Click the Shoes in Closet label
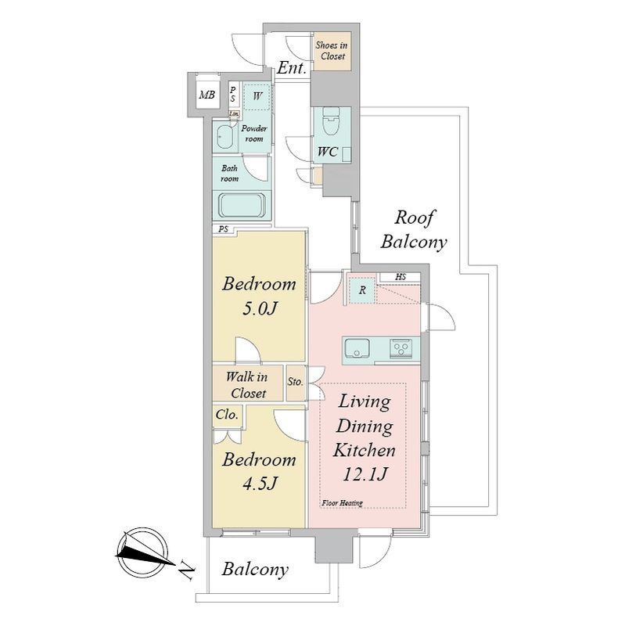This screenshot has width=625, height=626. pos(331,51)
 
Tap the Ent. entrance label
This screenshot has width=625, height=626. pos(292,68)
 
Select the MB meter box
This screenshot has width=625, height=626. pos(207,95)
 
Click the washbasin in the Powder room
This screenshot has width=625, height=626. pos(225,137)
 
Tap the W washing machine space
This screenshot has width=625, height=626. pos(257,96)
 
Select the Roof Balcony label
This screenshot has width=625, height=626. pos(414,230)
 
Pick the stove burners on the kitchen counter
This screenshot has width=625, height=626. pos(401,347)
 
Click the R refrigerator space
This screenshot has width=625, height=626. pos(362,290)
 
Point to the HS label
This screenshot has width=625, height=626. pos(401,277)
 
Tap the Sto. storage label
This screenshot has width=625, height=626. pos(296,382)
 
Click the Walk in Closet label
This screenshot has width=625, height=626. pos(247,385)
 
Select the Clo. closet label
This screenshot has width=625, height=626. pos(227,415)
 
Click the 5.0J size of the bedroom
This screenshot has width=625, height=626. pos(260,308)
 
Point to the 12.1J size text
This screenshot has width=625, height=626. pos(365,474)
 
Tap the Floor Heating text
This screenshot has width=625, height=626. pos(342,503)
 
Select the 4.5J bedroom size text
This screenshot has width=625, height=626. pos(260,484)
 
